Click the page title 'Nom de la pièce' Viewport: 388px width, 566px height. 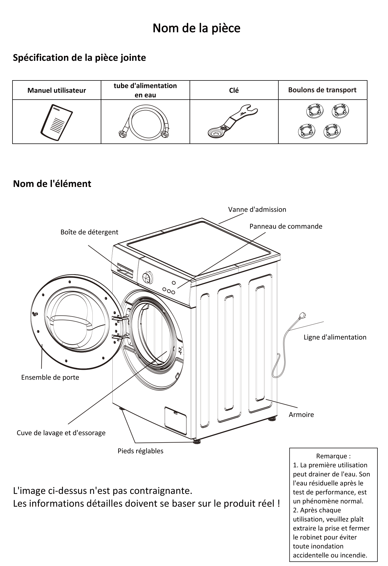[x=196, y=28]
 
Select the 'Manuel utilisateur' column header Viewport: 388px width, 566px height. [x=57, y=90]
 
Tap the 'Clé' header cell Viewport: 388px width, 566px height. [x=234, y=90]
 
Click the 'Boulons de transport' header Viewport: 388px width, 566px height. [x=322, y=90]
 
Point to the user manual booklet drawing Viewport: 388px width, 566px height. [x=57, y=122]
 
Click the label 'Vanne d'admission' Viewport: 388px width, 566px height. [x=257, y=209]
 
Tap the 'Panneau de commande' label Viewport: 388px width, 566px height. [x=286, y=226]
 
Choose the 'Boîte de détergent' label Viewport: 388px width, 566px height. [x=89, y=232]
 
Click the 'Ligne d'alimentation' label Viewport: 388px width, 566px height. [x=335, y=337]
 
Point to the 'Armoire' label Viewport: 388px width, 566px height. [x=301, y=415]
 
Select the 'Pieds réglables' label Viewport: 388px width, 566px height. [x=140, y=451]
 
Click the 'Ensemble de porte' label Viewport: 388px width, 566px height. [x=50, y=378]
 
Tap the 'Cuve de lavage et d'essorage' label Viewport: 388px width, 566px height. [x=61, y=433]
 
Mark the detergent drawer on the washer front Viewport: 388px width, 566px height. [x=125, y=269]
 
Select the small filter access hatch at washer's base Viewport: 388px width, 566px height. [x=175, y=421]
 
